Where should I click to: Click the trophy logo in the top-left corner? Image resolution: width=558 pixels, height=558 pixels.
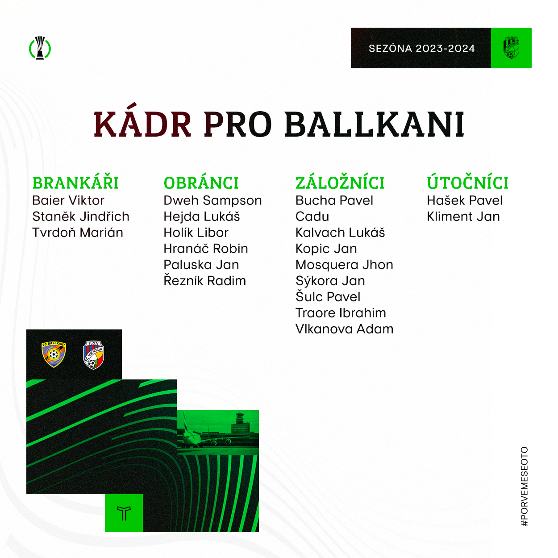[40, 48]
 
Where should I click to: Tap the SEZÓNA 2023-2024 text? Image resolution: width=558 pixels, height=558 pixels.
[421, 48]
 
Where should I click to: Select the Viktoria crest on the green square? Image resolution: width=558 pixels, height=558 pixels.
[511, 47]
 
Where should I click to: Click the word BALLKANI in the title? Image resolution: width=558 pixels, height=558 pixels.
[375, 125]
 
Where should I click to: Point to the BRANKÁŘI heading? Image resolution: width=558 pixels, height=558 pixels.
[75, 183]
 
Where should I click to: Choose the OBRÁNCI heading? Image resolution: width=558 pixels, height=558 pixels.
[201, 183]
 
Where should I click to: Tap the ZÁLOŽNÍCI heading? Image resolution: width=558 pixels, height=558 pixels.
[340, 183]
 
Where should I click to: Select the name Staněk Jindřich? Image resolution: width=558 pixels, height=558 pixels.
[81, 217]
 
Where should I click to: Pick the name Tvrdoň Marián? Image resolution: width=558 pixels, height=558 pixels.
[78, 232]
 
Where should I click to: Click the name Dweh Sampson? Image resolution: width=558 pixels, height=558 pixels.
[213, 200]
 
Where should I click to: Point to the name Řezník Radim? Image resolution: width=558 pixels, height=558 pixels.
[205, 280]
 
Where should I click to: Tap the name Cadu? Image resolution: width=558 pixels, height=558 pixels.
[312, 217]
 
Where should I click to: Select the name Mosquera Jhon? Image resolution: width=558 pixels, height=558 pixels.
[344, 265]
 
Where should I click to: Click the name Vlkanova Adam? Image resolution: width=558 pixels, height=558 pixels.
[344, 329]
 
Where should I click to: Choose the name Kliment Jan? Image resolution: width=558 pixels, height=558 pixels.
[463, 217]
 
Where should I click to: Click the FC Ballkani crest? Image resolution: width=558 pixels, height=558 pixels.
[54, 354]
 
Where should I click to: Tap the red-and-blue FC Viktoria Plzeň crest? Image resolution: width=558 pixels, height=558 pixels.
[93, 355]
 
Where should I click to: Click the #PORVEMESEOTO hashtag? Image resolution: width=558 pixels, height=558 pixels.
[524, 487]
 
